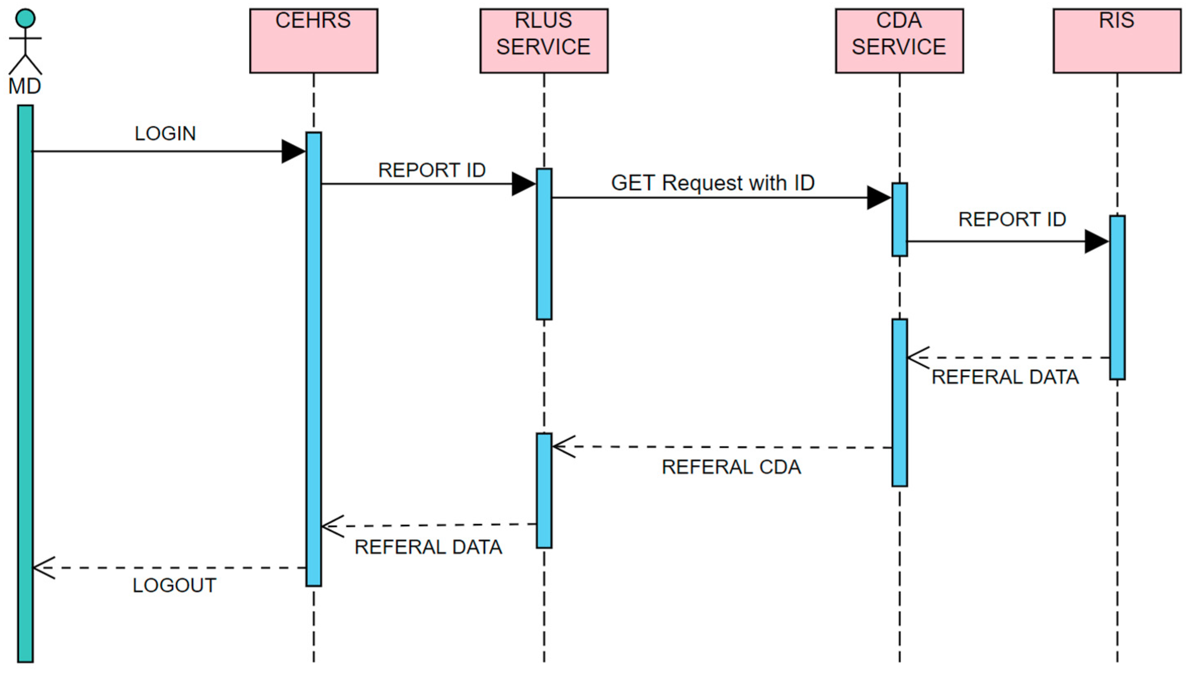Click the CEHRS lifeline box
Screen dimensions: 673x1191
pos(314,41)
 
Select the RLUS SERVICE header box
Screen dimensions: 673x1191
pos(544,41)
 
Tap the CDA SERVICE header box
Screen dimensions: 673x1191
pos(899,41)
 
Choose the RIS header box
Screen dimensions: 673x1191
pos(1117,41)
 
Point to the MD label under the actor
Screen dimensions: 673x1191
pos(25,86)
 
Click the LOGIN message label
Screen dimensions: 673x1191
pos(165,134)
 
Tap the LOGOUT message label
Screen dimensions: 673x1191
pos(174,586)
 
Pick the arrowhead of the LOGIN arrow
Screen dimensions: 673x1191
pos(293,151)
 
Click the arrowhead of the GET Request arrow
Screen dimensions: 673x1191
pos(879,198)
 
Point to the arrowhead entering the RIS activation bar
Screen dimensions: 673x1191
pos(1096,241)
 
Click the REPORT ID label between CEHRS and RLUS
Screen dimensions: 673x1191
pos(432,170)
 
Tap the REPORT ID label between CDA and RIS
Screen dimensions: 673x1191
pos(1012,219)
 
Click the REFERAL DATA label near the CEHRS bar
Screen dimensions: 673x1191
pos(428,547)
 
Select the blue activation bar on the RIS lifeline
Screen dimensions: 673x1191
pos(1117,298)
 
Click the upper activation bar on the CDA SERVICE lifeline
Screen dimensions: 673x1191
pos(899,220)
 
